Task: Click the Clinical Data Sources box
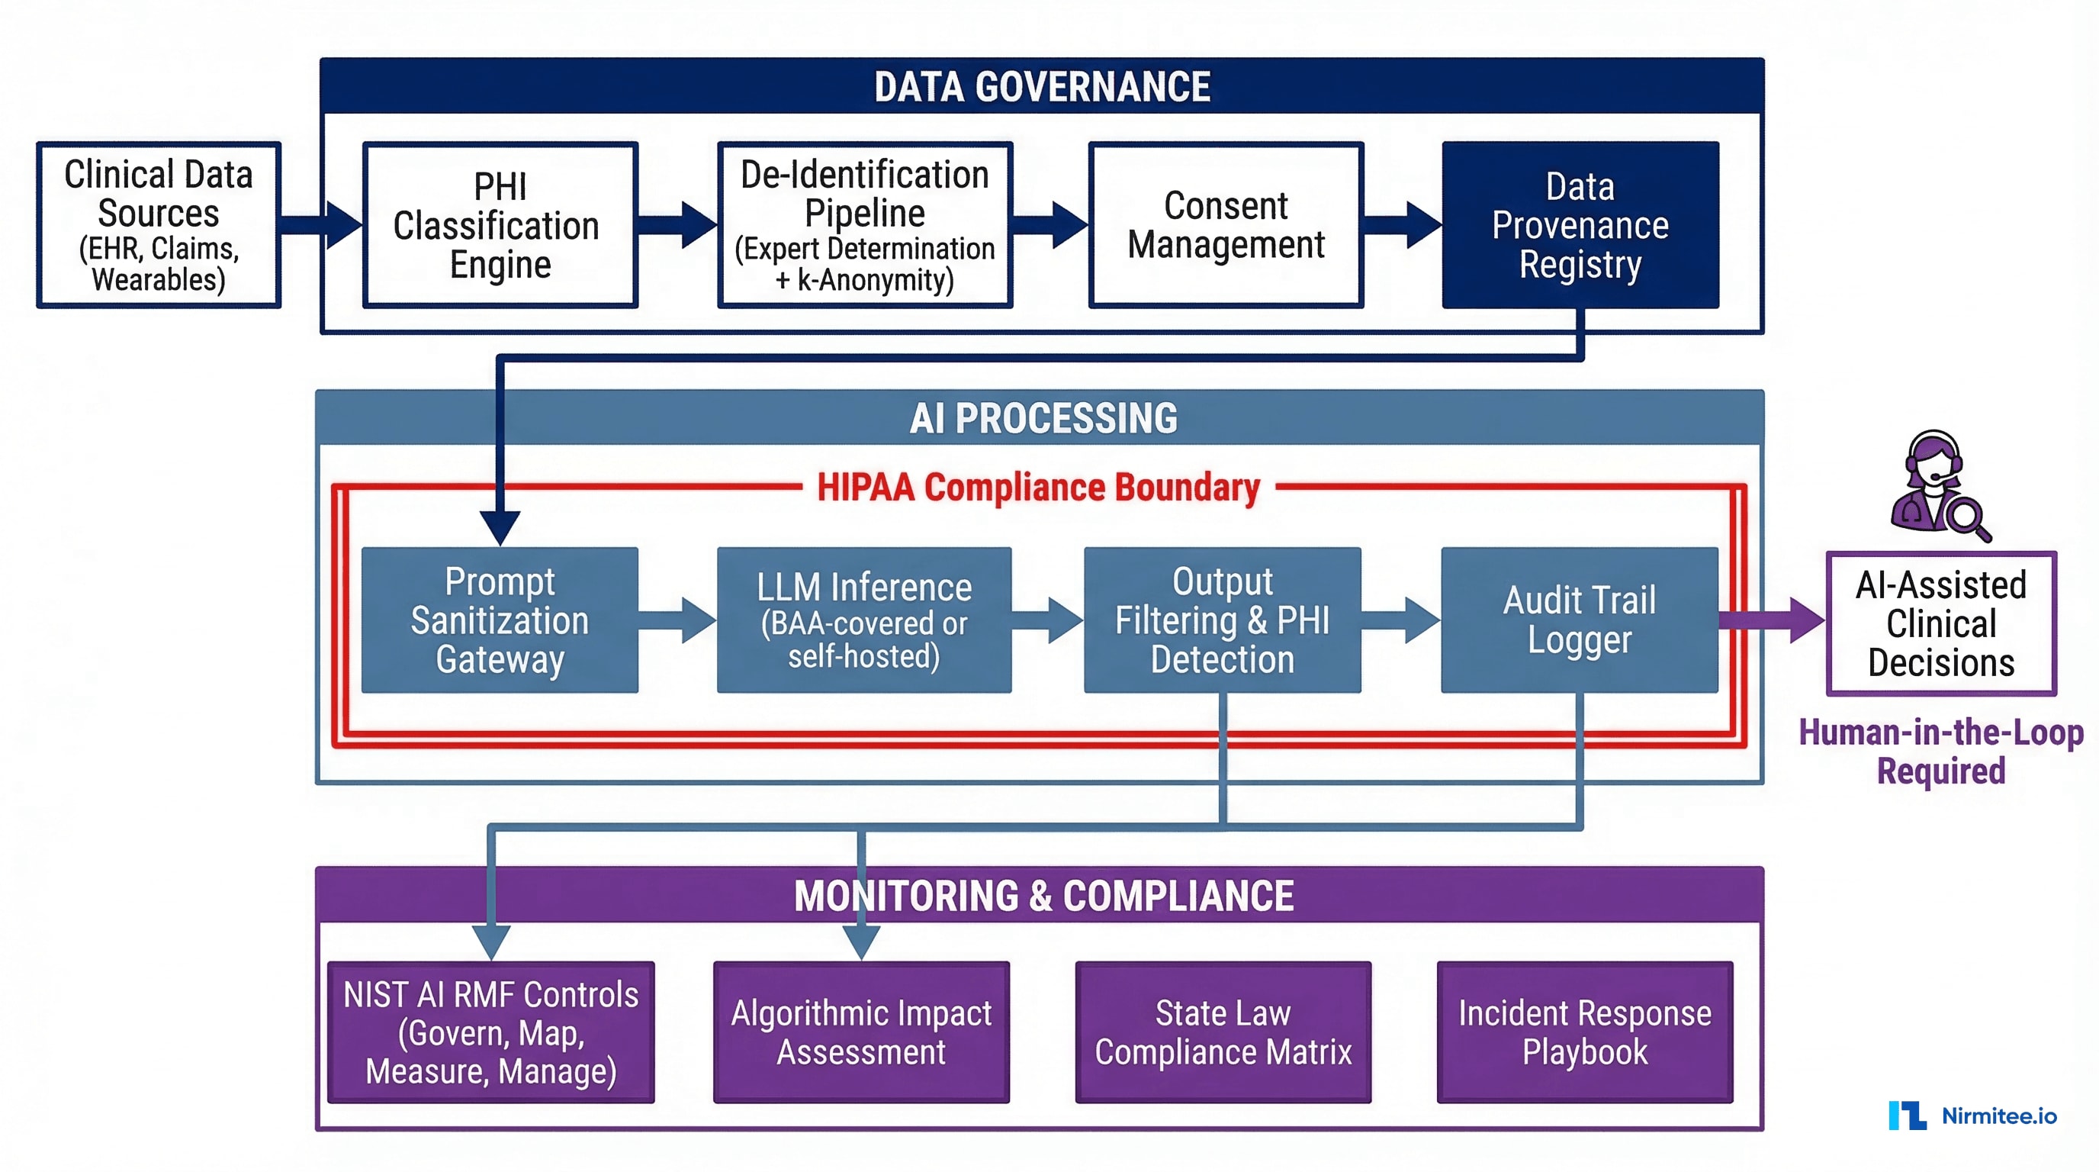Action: [159, 225]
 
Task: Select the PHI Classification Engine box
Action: [500, 225]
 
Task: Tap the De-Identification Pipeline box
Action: [864, 225]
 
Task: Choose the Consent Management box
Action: [1226, 225]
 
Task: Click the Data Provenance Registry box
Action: [1580, 225]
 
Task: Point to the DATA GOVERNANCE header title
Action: [1042, 86]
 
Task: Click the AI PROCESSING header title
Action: [1042, 418]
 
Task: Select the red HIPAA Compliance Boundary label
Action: [1038, 488]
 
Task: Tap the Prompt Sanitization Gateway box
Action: [500, 620]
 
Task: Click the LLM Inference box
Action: [863, 620]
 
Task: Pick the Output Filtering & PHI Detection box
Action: [1221, 620]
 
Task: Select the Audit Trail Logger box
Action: [1579, 620]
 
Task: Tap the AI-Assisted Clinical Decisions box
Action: [1941, 623]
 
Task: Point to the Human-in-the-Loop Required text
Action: [1941, 752]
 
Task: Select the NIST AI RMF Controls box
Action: [490, 1032]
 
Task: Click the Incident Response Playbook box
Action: [1584, 1032]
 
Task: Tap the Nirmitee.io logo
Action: [1972, 1115]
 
